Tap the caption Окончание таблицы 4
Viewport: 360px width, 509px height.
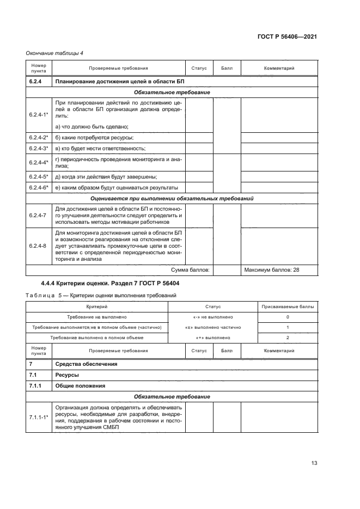[54, 53]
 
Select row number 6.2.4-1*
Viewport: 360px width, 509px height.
[39, 115]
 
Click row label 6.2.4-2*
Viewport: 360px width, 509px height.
[39, 138]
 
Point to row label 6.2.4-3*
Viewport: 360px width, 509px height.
[39, 148]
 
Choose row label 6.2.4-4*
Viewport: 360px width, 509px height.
[39, 162]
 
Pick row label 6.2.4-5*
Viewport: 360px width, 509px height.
[39, 176]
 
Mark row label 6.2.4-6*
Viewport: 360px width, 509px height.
[39, 187]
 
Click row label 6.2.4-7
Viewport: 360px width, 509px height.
[38, 215]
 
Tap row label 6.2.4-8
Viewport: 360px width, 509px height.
[38, 245]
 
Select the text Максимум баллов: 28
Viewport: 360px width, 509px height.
[272, 269]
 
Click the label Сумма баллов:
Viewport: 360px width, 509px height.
[191, 269]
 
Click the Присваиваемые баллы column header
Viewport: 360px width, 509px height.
[287, 307]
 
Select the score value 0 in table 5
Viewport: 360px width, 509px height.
[287, 317]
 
